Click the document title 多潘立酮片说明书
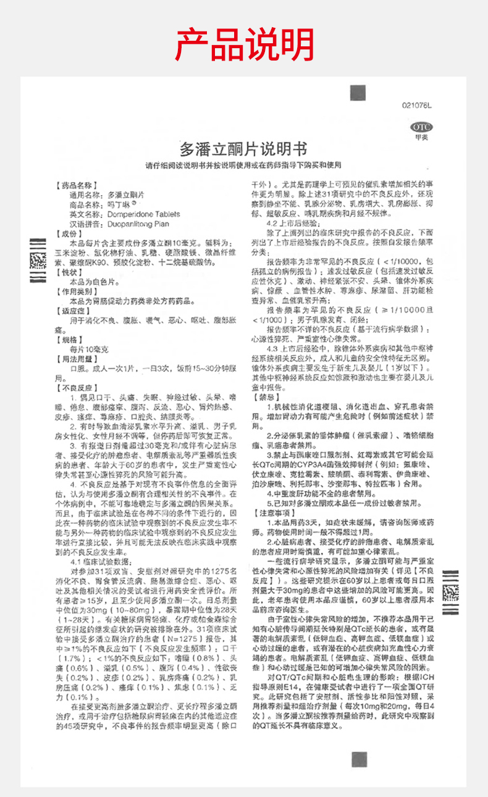[243, 149]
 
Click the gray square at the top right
[357, 94]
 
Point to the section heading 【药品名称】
[76, 185]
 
